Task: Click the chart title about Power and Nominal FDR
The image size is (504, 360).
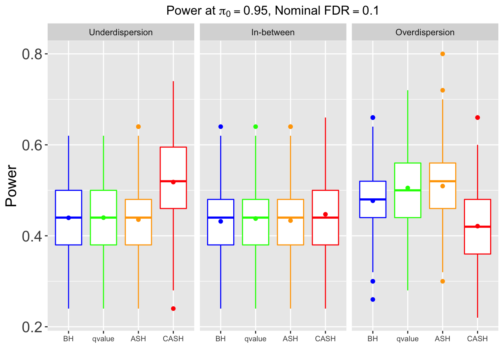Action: [273, 10]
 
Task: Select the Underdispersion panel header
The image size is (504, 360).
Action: [121, 32]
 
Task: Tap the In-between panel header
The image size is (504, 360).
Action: [273, 32]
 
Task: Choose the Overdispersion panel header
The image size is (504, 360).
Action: [425, 32]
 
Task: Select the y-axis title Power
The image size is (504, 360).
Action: [11, 186]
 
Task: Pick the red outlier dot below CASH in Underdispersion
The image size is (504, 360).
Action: [173, 309]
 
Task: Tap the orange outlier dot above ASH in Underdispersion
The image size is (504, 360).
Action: [138, 127]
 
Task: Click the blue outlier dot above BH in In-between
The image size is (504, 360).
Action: [220, 127]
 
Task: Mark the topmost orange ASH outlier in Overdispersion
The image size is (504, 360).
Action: [442, 54]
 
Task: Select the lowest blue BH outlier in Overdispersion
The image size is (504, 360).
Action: [373, 300]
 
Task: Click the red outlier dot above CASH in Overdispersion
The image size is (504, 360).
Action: [477, 118]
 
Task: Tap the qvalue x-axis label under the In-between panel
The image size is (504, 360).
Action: [255, 339]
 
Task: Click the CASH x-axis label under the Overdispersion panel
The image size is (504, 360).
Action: [477, 339]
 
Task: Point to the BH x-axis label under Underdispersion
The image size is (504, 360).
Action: [68, 339]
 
